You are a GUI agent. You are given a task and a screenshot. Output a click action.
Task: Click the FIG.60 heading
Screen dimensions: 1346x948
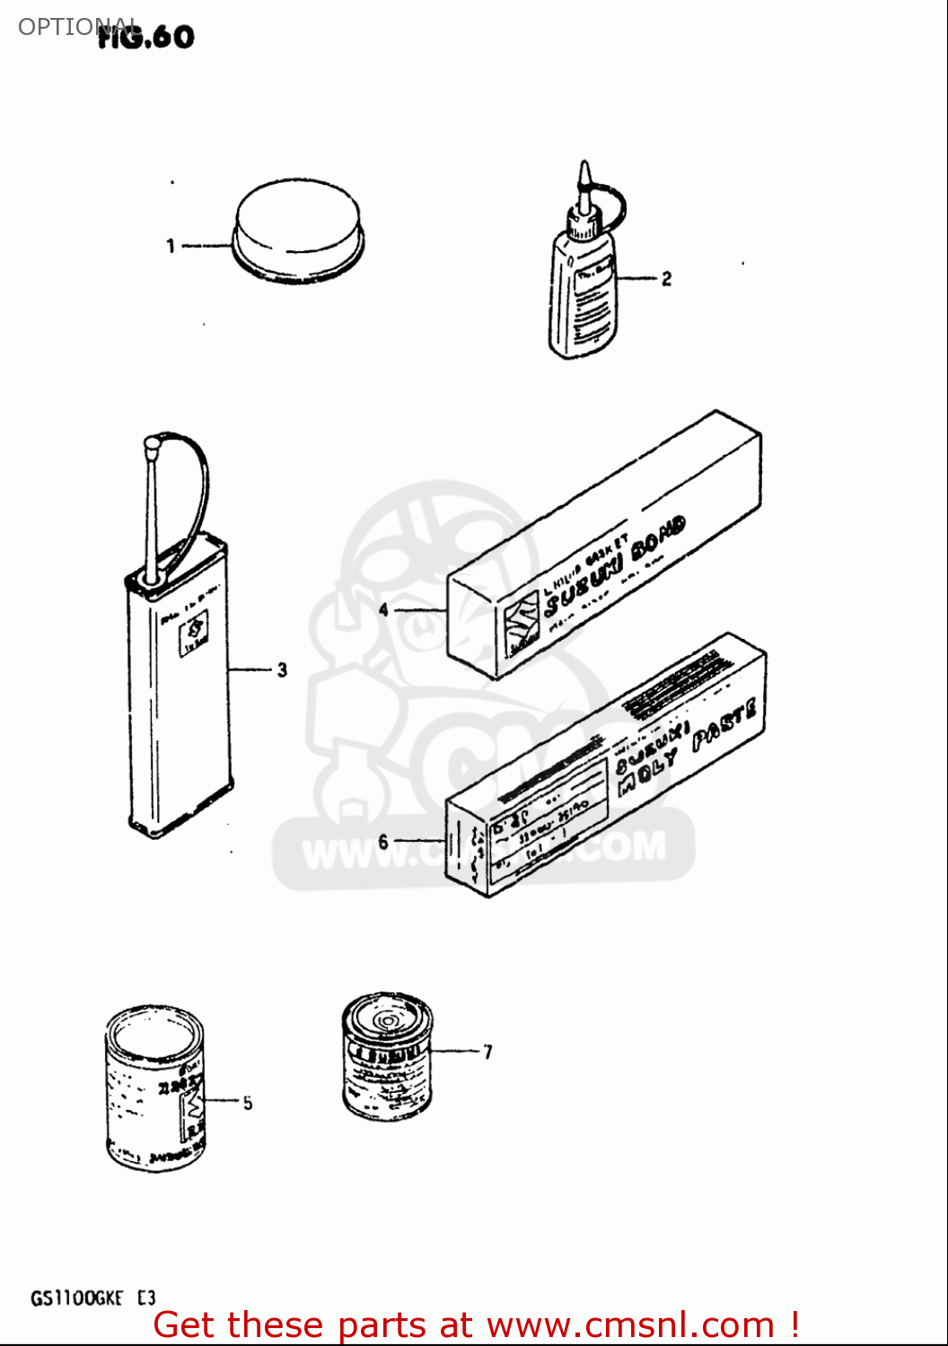(x=146, y=37)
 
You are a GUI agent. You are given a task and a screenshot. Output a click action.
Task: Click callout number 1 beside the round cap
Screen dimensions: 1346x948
(x=171, y=245)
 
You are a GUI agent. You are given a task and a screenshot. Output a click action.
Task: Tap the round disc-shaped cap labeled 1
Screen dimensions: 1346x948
(x=297, y=229)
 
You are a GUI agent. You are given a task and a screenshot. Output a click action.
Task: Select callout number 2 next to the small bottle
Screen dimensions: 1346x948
(x=666, y=279)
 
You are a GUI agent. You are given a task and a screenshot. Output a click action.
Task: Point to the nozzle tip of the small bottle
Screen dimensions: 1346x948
(x=584, y=170)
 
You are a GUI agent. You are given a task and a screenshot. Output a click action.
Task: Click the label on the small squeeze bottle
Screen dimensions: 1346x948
(x=592, y=301)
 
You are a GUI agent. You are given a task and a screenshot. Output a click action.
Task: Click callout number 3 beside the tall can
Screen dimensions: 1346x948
(x=282, y=669)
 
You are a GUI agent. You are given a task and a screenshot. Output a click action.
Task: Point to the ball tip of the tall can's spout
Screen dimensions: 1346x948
(x=151, y=442)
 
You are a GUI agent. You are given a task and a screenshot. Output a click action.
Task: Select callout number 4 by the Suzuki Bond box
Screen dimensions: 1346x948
(x=383, y=610)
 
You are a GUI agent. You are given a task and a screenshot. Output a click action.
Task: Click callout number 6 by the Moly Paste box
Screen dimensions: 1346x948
(x=383, y=842)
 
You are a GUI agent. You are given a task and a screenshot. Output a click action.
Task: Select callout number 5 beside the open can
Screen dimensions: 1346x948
(x=248, y=1103)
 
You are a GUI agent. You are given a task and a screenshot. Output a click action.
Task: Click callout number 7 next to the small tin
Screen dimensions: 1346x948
(x=487, y=1052)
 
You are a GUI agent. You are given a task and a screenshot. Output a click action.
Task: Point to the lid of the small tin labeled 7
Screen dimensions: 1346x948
(x=387, y=1019)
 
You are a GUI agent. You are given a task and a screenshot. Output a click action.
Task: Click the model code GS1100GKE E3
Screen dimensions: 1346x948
(x=93, y=1298)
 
